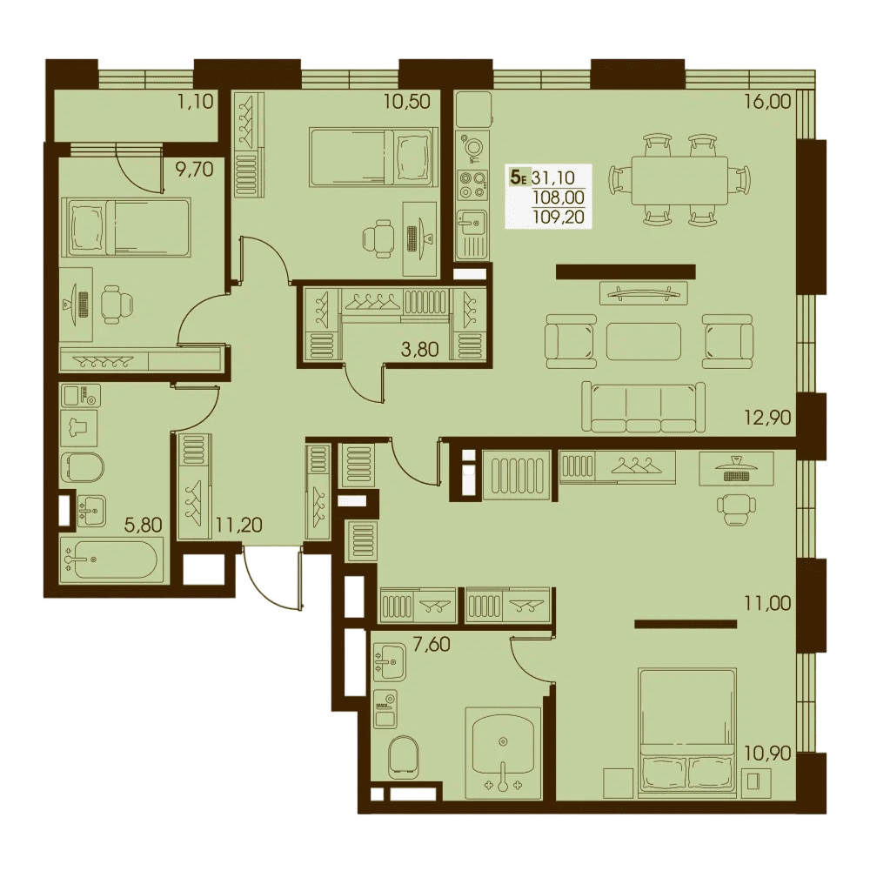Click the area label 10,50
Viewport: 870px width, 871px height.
(407, 101)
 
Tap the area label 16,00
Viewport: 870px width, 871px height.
(768, 101)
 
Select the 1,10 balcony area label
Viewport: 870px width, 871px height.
(196, 101)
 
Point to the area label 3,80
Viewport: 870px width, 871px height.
(419, 350)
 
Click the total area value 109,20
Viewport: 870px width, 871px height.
(559, 216)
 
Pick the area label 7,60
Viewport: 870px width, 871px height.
(432, 645)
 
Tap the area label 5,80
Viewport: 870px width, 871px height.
(143, 525)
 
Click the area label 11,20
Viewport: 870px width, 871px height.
(239, 525)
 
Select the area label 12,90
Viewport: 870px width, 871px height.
(768, 417)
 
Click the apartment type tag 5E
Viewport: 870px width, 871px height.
(519, 178)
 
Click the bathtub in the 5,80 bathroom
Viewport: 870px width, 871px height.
(111, 560)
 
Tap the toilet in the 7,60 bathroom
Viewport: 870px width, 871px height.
(404, 756)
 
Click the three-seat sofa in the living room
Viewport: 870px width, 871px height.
(643, 407)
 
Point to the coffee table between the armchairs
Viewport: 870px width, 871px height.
(644, 341)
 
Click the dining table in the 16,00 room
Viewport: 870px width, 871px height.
(679, 180)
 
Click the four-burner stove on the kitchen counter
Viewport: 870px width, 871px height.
(472, 186)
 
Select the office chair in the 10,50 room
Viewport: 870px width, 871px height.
(378, 238)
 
